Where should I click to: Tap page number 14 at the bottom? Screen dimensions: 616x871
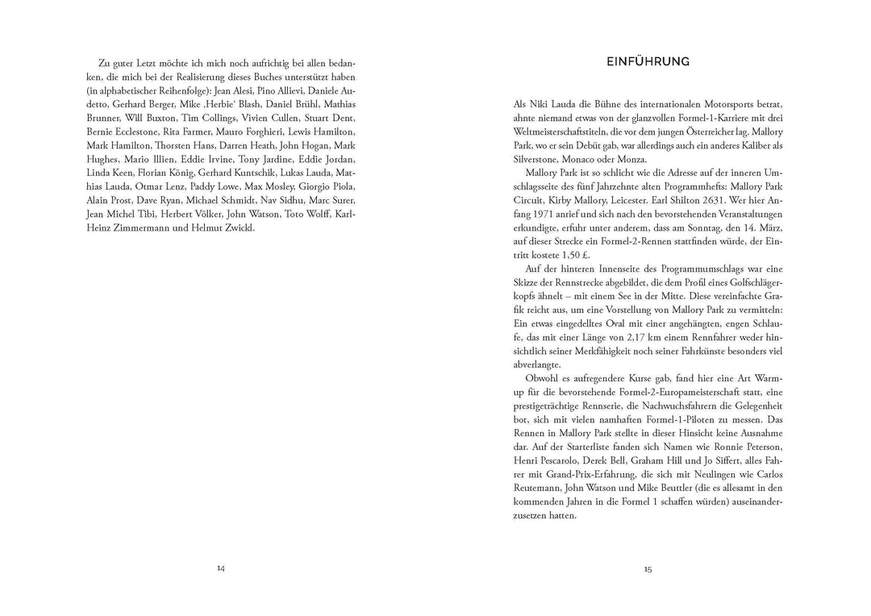point(220,568)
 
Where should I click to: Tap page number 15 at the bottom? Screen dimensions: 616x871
point(648,568)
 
